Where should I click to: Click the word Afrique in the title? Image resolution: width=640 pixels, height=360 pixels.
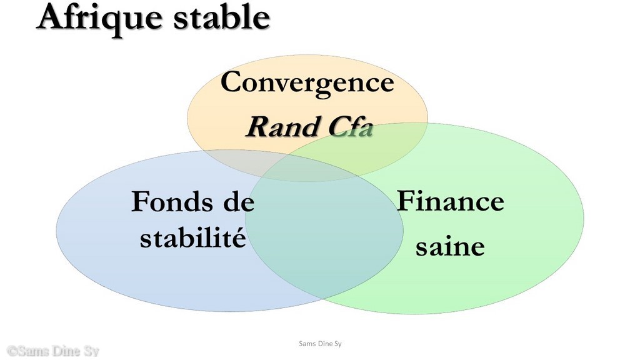pos(99,19)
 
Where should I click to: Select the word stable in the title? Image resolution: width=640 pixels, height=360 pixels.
pos(222,16)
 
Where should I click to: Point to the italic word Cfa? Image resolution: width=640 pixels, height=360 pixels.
pos(351,126)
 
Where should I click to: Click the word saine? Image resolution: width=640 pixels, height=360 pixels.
pos(450,246)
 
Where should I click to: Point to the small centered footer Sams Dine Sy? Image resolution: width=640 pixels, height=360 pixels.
pos(320,344)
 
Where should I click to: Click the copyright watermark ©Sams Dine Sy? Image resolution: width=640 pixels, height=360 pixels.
pos(53,351)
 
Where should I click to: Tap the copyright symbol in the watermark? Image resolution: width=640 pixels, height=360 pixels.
pos(12,351)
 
